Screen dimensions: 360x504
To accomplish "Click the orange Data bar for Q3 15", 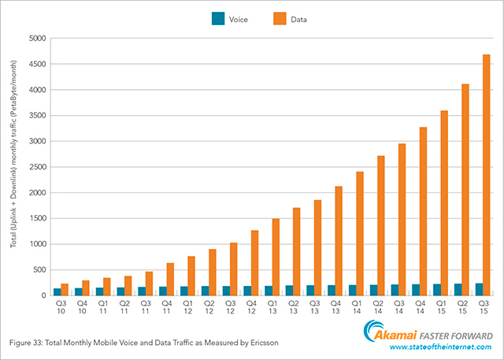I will (486, 175).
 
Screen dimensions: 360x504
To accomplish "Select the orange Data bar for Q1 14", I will (359, 233).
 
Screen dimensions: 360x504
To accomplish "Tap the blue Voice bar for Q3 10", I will (57, 291).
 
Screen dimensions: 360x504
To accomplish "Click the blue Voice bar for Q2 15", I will (458, 289).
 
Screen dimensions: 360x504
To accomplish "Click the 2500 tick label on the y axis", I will (37, 166).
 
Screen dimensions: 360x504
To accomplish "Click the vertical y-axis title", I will (15, 165).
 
